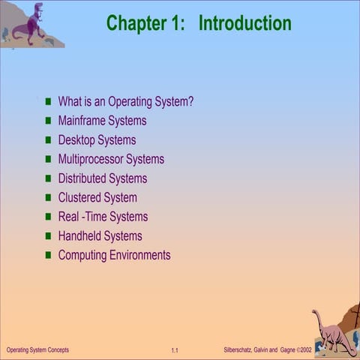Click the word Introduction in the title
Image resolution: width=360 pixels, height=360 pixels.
click(244, 23)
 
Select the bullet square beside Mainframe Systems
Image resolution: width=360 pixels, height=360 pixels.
click(49, 121)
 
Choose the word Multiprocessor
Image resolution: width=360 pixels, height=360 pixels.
click(90, 159)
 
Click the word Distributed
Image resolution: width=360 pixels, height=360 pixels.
click(82, 178)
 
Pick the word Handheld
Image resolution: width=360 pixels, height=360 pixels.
click(79, 236)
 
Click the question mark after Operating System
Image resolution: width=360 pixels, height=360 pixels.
click(190, 102)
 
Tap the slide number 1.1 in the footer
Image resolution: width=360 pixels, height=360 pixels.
click(174, 351)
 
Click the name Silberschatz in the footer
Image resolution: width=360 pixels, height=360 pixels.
click(241, 350)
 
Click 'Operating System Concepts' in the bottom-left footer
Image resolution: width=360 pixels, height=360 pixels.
click(37, 350)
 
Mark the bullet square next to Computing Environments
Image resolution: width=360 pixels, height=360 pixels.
click(49, 256)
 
